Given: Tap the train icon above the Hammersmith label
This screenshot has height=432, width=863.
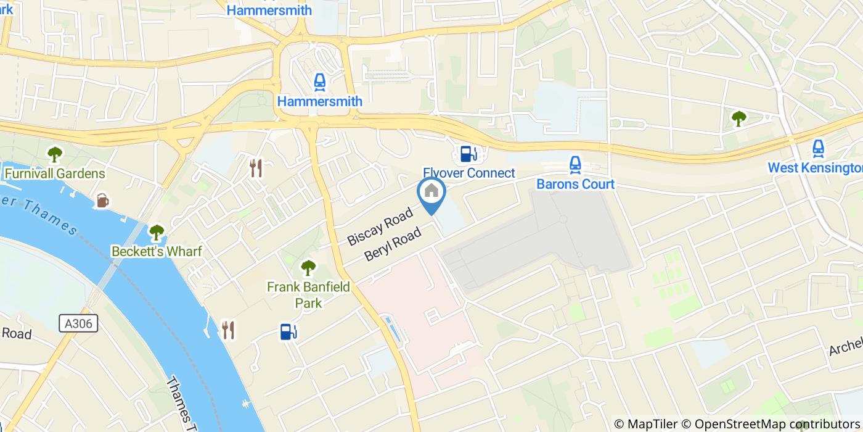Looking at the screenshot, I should tap(319, 81).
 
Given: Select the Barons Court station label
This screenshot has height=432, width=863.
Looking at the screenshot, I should tap(575, 184).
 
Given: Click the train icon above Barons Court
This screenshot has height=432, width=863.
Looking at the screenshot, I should tap(575, 164).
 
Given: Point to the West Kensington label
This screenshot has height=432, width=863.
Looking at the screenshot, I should tap(815, 168).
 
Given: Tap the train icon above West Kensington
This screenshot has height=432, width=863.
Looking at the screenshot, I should tap(818, 148).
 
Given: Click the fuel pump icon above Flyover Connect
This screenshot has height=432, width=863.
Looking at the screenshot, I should tap(468, 153).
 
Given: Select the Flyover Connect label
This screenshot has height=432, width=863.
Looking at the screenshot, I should tap(468, 173).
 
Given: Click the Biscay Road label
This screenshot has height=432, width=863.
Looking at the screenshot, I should tap(380, 227).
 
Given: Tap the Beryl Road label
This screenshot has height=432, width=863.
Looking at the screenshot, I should tap(393, 244).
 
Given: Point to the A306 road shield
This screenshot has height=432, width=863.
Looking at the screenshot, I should tap(79, 323).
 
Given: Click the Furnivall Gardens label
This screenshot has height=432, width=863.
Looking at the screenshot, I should tap(55, 173).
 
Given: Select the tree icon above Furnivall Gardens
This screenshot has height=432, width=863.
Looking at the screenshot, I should tap(55, 153).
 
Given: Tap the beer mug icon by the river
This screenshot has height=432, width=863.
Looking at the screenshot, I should tap(102, 200).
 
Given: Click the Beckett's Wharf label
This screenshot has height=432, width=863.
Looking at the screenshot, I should tap(157, 251).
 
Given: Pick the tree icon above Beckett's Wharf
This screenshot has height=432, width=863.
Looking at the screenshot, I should tap(157, 232).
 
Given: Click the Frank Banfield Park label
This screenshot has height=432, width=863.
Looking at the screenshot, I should tap(308, 294).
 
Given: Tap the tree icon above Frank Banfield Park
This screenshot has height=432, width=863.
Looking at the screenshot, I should tap(308, 268).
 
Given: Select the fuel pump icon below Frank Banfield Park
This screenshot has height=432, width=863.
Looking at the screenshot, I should tap(288, 331).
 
